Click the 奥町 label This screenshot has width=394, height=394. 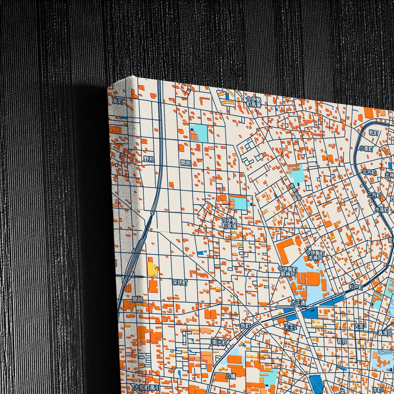click(x=118, y=101)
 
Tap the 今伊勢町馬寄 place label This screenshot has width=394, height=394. click(x=254, y=102)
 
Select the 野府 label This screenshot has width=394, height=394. click(x=149, y=159)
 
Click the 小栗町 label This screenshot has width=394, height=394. click(x=366, y=149)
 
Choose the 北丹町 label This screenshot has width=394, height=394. click(x=369, y=172)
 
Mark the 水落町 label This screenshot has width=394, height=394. click(x=382, y=210)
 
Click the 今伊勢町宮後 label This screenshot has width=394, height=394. click(x=229, y=223)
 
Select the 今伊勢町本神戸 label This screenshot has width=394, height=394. click(x=315, y=255)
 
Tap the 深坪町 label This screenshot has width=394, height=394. click(x=180, y=282)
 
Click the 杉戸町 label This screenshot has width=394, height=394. click(x=356, y=287)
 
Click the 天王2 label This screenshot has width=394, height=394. click(x=290, y=327)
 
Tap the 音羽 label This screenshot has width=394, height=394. click(x=341, y=341)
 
